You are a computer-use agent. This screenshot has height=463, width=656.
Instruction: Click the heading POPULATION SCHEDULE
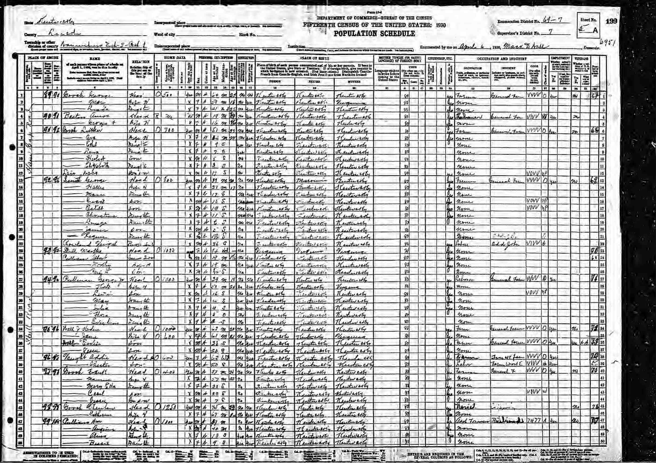[x=374, y=34]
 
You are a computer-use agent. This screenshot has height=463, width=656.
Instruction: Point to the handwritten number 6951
[x=608, y=43]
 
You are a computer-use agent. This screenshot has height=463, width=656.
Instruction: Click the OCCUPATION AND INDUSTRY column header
[x=501, y=59]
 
